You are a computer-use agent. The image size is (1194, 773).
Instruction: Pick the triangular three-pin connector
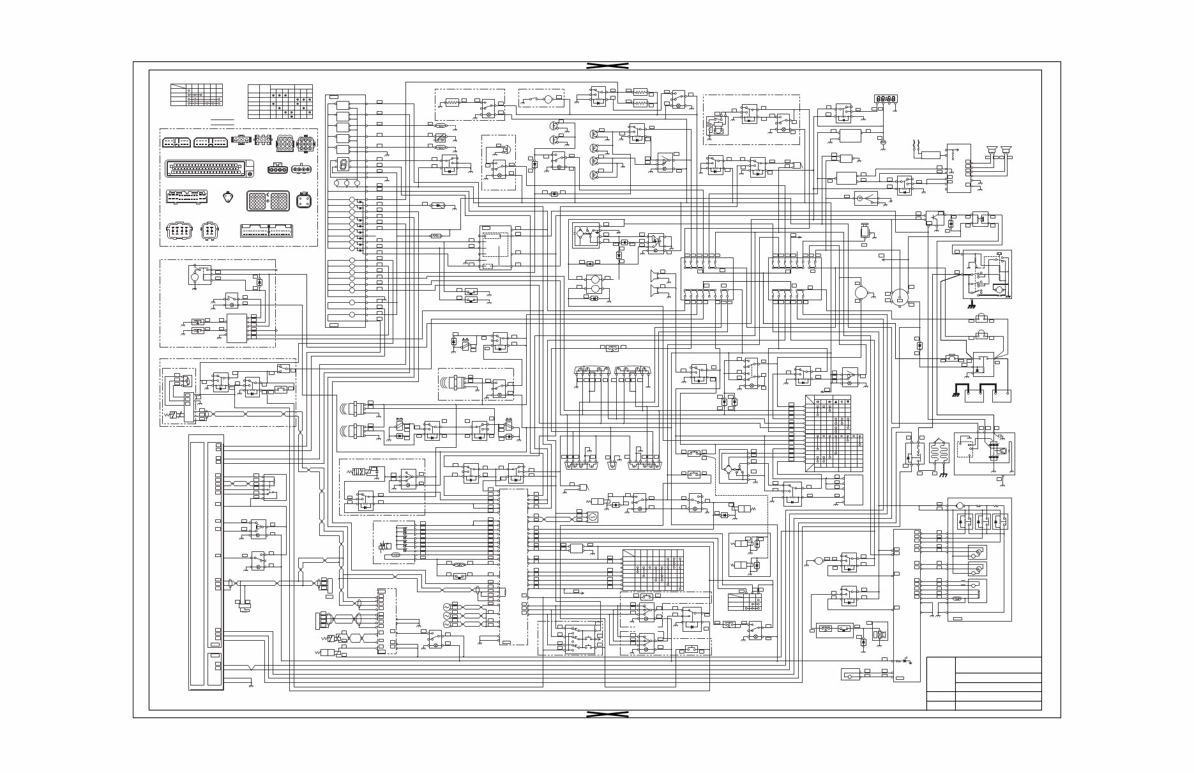pos(228,197)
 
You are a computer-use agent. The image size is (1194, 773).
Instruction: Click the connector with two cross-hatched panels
pos(268,201)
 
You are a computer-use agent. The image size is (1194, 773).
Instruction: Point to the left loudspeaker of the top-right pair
pos(992,151)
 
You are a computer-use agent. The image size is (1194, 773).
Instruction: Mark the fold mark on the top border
pos(607,66)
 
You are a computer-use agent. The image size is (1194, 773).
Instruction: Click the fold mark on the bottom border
pos(607,714)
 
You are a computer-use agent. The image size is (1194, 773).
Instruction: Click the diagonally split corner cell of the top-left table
pos(178,87)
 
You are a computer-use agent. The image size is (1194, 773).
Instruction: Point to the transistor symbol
pos(933,218)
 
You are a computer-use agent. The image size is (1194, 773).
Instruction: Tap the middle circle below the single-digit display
pos(347,183)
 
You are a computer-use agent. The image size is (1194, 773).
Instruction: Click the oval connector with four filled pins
pos(300,169)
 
